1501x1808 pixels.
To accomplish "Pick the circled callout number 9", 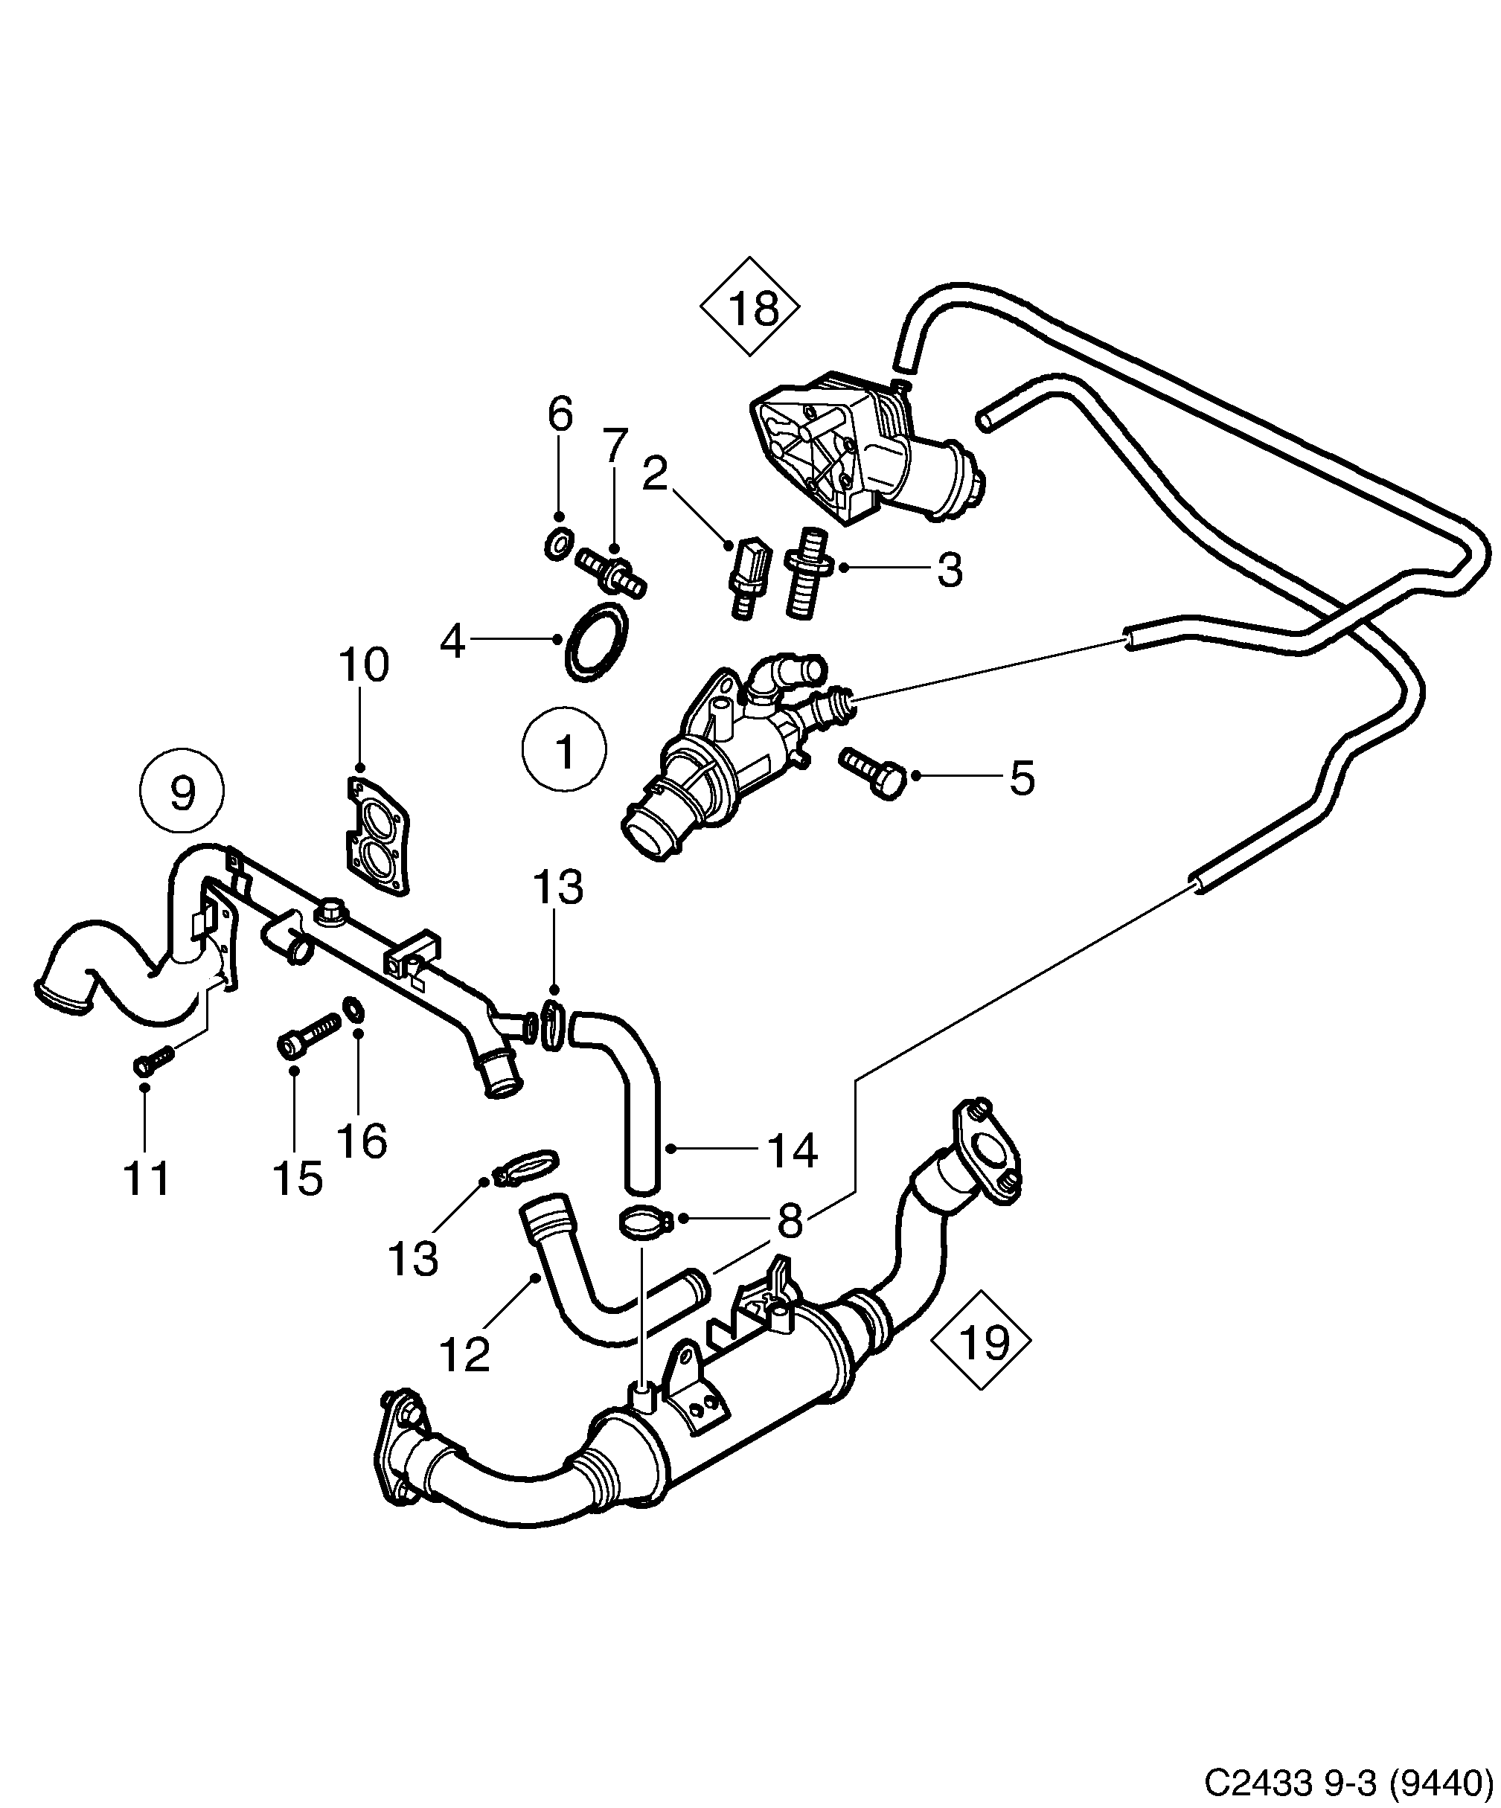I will [x=182, y=792].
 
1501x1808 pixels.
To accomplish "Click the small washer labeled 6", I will [x=559, y=544].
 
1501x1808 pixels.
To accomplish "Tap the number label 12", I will [x=465, y=1354].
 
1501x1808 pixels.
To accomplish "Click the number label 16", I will [x=362, y=1141].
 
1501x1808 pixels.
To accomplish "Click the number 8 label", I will [x=790, y=1220].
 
